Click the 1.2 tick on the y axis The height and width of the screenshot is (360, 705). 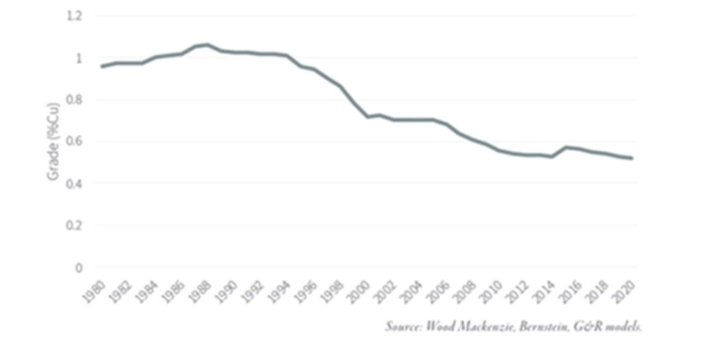click(73, 15)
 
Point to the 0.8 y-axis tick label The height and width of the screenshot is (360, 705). click(73, 99)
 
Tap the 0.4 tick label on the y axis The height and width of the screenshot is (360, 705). click(73, 184)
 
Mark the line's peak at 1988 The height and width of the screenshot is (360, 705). click(208, 45)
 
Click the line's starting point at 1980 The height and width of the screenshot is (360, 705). click(102, 67)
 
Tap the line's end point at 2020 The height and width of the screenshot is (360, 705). click(632, 158)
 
